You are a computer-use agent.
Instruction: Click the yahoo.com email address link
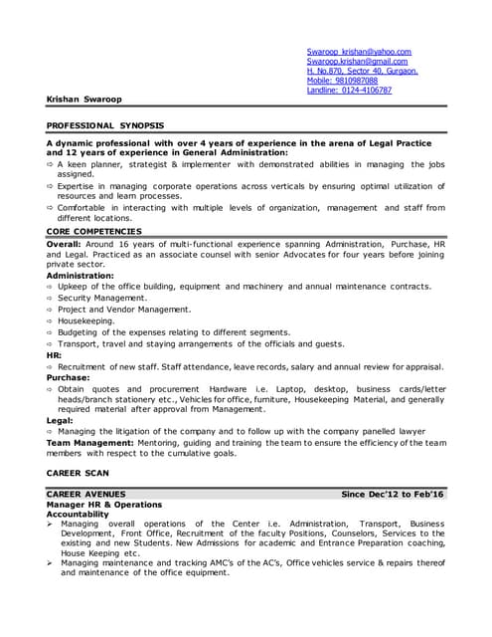pos(359,51)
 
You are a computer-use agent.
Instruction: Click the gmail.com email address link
pos(357,61)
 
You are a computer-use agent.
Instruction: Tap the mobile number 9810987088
pos(342,81)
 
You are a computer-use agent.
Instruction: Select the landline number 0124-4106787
pos(349,91)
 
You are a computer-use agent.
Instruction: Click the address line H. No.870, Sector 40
pos(362,71)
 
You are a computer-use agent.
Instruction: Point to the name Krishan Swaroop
pos(86,100)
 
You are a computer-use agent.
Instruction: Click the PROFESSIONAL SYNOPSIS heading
pos(105,126)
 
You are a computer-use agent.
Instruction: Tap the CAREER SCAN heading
pos(79,472)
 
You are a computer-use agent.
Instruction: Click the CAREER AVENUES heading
pos(86,494)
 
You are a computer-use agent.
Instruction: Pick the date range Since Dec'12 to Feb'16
pos(393,494)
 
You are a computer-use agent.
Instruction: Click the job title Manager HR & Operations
pos(103,505)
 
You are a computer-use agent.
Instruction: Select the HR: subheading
pos(54,355)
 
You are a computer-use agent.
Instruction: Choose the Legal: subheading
pos(61,420)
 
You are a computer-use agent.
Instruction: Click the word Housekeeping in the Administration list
pos(91,321)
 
